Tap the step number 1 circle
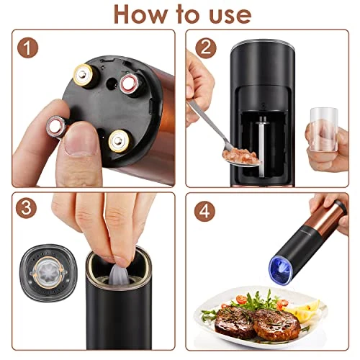click(x=27, y=48)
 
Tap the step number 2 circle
click(x=206, y=48)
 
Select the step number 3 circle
click(x=26, y=208)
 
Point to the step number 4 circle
click(x=204, y=211)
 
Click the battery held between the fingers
click(x=57, y=126)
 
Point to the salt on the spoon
click(x=240, y=156)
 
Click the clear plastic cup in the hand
click(x=324, y=129)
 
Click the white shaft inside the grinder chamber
click(x=262, y=146)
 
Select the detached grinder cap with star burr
click(x=48, y=273)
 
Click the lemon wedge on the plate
click(x=303, y=310)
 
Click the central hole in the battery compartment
click(x=111, y=84)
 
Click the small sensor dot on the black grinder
click(x=264, y=104)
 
